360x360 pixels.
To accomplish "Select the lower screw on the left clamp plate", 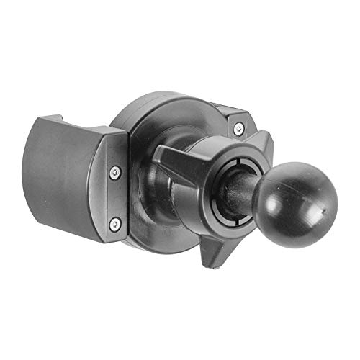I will pos(114,224).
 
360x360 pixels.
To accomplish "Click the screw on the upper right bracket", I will pos(238,129).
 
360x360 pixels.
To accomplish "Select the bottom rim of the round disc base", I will pos(166,248).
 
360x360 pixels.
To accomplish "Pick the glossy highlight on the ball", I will pos(277,180).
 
